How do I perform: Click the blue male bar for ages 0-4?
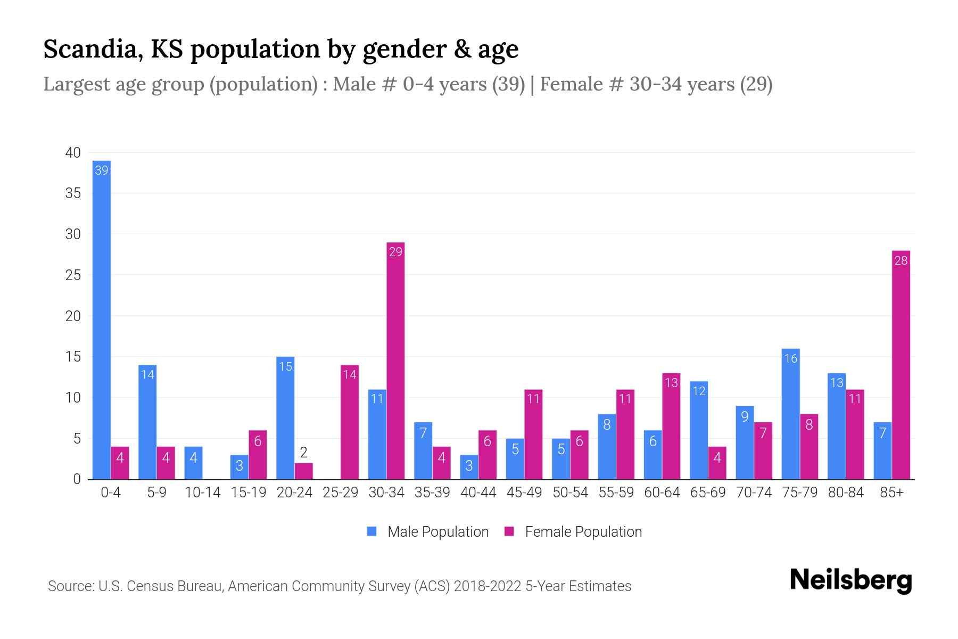pyautogui.click(x=101, y=319)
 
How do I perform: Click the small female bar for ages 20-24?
pyautogui.click(x=303, y=471)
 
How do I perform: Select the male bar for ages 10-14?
pyautogui.click(x=193, y=463)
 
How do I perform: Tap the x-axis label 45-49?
pyautogui.click(x=524, y=493)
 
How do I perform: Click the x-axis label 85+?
pyautogui.click(x=891, y=493)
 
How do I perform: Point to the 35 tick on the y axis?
pyautogui.click(x=73, y=193)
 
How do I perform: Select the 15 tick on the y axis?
pyautogui.click(x=73, y=357)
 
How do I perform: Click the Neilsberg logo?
pyautogui.click(x=850, y=580)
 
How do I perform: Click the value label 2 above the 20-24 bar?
pyautogui.click(x=303, y=453)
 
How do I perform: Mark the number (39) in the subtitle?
pyautogui.click(x=508, y=84)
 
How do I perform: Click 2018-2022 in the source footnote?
pyautogui.click(x=488, y=586)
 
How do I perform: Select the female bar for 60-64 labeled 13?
pyautogui.click(x=671, y=426)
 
